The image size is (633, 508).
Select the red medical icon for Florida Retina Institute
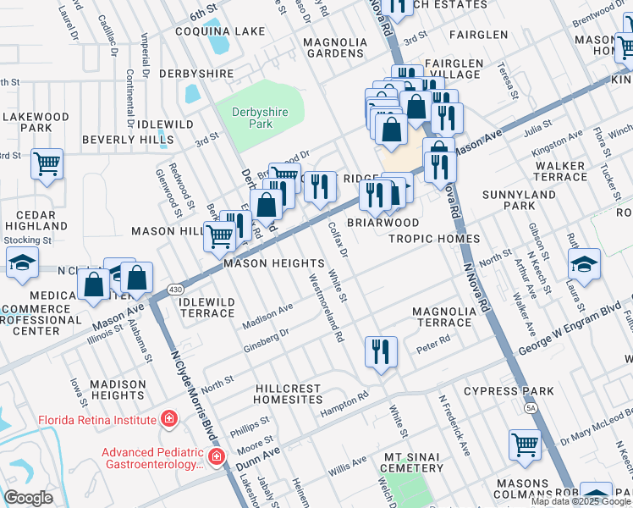(169, 419)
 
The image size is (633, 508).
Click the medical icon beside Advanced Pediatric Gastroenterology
(217, 457)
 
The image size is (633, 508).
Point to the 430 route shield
(173, 288)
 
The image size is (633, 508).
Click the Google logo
(28, 497)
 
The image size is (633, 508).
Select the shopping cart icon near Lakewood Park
(47, 164)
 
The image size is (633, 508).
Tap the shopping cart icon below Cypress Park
(525, 444)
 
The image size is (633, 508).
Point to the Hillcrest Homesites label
(289, 393)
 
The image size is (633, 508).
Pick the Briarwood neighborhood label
(383, 223)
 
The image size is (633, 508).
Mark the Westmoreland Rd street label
(327, 308)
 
